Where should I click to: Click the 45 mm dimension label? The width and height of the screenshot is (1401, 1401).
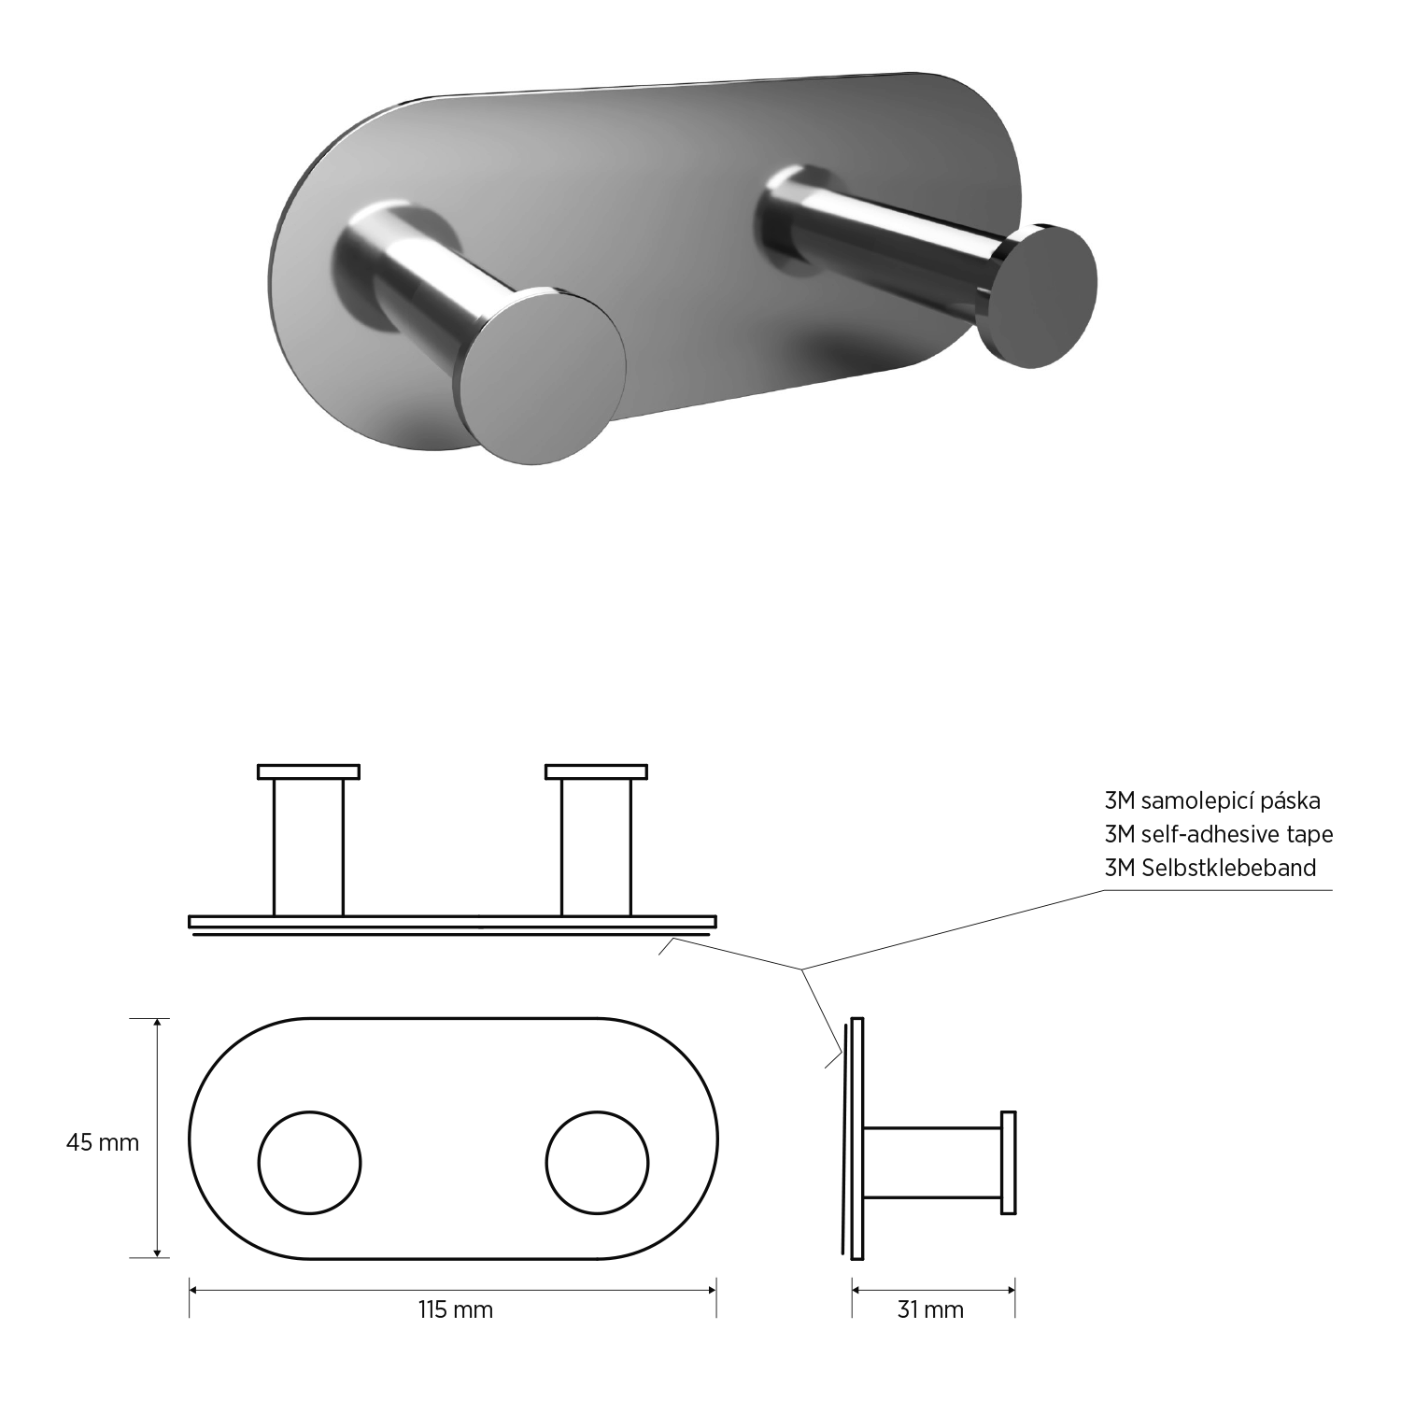(x=102, y=1142)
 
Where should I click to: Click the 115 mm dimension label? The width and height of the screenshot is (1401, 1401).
(x=455, y=1309)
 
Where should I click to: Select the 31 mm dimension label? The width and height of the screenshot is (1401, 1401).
(x=930, y=1309)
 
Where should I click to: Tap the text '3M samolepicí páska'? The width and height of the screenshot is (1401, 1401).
(x=1212, y=800)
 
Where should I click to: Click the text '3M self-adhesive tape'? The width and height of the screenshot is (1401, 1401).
(x=1219, y=833)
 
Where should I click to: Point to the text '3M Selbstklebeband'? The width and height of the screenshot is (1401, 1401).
(x=1210, y=867)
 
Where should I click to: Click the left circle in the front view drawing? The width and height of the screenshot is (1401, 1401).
(x=309, y=1163)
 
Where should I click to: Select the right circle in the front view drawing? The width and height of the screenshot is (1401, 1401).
(x=597, y=1163)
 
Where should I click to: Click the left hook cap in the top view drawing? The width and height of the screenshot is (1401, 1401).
(x=309, y=771)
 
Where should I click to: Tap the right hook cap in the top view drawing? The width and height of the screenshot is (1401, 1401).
(x=597, y=771)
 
